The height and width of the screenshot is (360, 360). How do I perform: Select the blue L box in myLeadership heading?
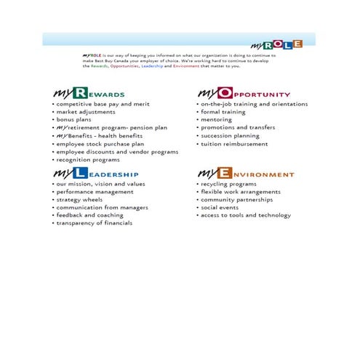pos(81,174)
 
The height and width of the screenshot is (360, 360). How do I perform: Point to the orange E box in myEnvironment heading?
pos(225,174)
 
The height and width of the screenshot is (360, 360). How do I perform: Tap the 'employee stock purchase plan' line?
pos(100,144)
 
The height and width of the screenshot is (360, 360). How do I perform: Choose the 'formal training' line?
pos(225,112)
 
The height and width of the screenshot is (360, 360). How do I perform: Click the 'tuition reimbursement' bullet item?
pos(234,144)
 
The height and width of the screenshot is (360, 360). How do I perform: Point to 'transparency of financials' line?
pos(95,223)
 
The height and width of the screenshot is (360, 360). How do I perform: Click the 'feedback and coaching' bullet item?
pos(90,215)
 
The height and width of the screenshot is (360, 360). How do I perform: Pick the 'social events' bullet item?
pos(220,207)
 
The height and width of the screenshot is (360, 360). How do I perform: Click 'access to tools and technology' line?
pos(246,215)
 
